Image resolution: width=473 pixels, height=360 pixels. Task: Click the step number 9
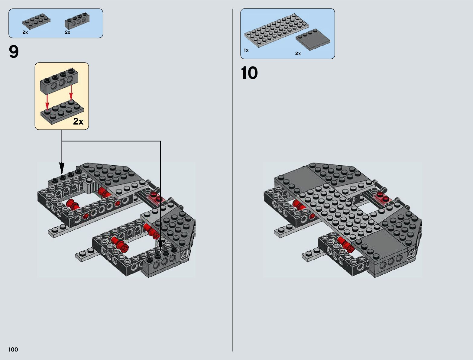(x=14, y=52)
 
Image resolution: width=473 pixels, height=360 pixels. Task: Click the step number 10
(x=249, y=73)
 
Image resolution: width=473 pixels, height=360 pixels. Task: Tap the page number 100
(x=13, y=349)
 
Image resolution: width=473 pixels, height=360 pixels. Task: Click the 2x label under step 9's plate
(x=25, y=32)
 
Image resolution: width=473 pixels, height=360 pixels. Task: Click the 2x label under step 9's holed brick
(x=67, y=32)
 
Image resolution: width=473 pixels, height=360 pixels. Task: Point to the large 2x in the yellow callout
(x=78, y=122)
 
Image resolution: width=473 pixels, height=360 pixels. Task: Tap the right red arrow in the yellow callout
(x=71, y=92)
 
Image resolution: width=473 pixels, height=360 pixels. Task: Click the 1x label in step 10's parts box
(x=246, y=50)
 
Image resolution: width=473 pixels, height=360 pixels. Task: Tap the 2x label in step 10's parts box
(x=298, y=54)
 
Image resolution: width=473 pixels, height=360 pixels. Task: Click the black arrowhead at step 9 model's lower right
(x=160, y=244)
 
